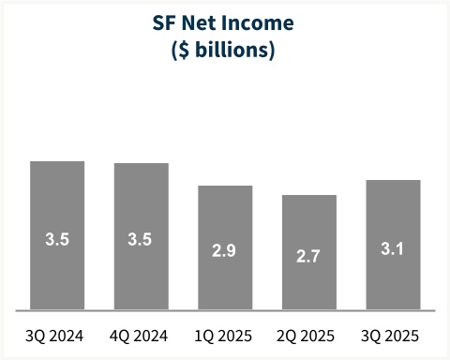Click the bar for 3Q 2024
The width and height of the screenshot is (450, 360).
click(x=57, y=202)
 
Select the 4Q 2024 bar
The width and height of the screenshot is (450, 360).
click(x=141, y=202)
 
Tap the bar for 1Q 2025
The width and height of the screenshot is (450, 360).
click(x=225, y=216)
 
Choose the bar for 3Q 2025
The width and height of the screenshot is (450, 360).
click(x=393, y=211)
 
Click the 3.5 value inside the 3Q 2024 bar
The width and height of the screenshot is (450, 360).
click(x=57, y=239)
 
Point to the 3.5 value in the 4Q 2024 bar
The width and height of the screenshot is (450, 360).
click(x=141, y=239)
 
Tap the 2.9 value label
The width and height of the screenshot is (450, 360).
click(x=225, y=251)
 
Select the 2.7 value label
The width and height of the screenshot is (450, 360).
click(x=308, y=256)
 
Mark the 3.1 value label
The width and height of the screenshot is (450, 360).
click(x=393, y=248)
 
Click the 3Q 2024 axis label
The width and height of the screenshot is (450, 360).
click(x=57, y=336)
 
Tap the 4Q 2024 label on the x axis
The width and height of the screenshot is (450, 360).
click(x=141, y=336)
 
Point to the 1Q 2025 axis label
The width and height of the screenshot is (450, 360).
click(x=225, y=336)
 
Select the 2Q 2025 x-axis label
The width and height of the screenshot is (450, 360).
click(x=308, y=336)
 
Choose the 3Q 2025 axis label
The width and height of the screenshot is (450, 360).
click(x=393, y=336)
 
